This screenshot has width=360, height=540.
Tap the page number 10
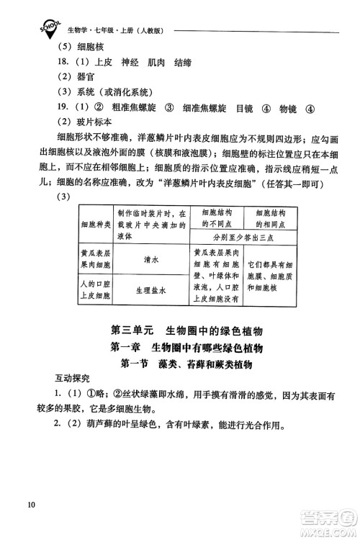29,503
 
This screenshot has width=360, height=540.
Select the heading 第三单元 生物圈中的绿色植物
186,331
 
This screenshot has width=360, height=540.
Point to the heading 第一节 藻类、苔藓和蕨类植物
186,365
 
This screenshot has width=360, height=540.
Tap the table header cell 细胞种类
95,228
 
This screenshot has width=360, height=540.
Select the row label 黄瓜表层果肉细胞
95,264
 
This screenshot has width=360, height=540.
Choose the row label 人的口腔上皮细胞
95,291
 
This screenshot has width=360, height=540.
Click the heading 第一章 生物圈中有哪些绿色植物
186,348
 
